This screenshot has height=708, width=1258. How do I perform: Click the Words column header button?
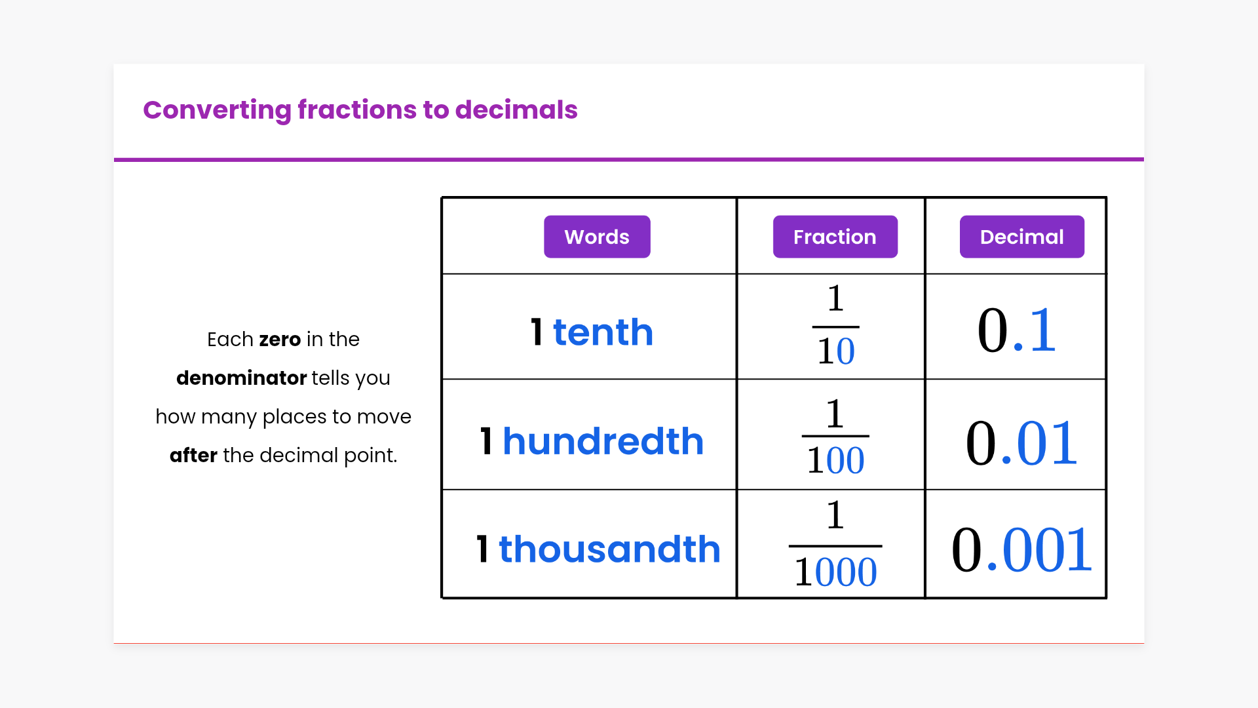pos(597,237)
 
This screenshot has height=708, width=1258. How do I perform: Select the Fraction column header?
pos(835,237)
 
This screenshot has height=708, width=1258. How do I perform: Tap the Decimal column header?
pos(1021,237)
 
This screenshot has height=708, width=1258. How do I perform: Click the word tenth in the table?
pos(603,332)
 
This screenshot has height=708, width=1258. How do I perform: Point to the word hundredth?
pos(603,441)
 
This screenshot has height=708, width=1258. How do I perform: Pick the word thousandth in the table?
pos(609,549)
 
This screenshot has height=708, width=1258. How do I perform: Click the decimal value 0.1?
pos(1016,330)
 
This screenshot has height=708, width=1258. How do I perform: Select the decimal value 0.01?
pos(1021,443)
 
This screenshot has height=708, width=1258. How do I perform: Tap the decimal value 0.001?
pos(1021,549)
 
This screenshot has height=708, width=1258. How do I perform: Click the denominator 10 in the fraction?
pos(835,351)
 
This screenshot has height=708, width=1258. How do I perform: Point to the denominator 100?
pos(835,460)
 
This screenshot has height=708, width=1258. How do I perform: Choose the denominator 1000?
pos(835,572)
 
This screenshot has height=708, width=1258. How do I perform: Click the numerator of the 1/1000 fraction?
pos(835,515)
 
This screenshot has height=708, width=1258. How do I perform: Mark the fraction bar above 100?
pos(835,436)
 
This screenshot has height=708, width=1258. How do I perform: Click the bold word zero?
pos(280,340)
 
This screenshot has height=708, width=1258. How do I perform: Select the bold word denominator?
pos(241,378)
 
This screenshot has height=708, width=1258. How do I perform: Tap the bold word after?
pos(193,455)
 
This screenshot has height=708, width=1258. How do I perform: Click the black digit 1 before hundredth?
pos(486,441)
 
